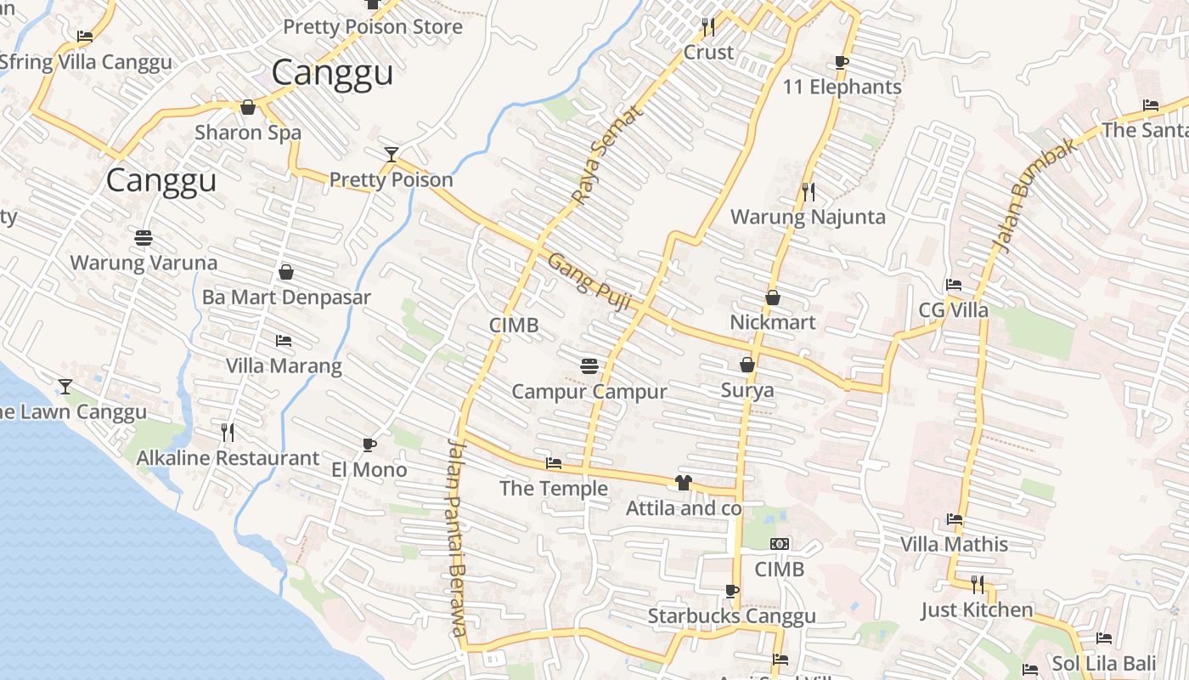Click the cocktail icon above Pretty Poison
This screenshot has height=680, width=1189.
(x=391, y=154)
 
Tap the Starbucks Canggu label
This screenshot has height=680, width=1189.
(x=731, y=615)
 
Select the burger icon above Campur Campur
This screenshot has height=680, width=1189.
(x=589, y=366)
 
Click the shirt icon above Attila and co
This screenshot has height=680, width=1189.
(x=684, y=483)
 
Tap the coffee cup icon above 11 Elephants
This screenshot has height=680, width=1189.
(x=841, y=62)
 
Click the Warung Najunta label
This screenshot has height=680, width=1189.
(x=808, y=217)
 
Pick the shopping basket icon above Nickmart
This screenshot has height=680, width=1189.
(x=773, y=297)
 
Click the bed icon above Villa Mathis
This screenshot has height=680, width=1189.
(x=955, y=519)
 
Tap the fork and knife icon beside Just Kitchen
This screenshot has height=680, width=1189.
(x=978, y=585)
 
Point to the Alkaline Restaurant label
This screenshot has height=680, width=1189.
(x=228, y=458)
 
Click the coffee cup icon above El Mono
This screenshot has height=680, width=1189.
(x=369, y=445)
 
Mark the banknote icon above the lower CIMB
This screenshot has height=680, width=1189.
(x=779, y=544)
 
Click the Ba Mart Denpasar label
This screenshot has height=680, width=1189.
(x=286, y=297)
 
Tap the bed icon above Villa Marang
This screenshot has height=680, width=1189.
(x=284, y=341)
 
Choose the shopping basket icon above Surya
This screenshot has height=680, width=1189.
(x=747, y=365)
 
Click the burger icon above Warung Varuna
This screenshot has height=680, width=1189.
(x=144, y=237)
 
